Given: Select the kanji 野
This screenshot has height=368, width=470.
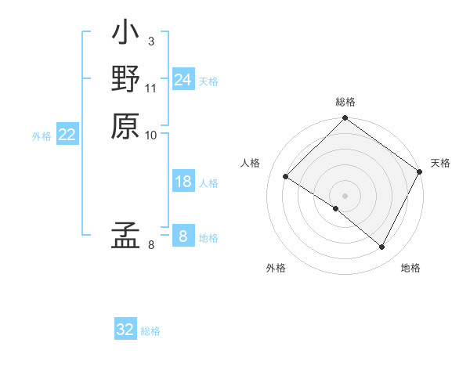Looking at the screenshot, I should (125, 80).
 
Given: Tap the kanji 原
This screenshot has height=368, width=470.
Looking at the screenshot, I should (125, 125).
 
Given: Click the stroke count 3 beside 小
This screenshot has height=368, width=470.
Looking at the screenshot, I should (150, 41).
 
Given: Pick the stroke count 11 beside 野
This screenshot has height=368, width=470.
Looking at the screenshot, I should (152, 88).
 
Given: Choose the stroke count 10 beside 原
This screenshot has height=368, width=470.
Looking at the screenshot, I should (151, 135).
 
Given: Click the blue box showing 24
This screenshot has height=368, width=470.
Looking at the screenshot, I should (183, 80).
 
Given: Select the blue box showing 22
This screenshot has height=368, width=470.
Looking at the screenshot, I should (67, 135).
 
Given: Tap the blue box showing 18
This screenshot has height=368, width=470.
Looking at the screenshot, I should (183, 182).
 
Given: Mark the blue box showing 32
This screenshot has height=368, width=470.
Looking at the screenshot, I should (125, 330).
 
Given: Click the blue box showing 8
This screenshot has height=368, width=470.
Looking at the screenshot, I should (183, 236).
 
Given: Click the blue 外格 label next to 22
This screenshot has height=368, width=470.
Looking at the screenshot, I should (42, 136).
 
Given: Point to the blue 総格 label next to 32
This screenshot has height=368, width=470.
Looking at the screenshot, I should (150, 331).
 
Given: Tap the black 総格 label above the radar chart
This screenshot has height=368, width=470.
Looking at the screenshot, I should (345, 103).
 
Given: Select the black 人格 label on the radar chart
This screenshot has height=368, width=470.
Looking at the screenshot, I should (251, 163).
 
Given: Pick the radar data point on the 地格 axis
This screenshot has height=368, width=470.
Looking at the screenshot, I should (382, 247).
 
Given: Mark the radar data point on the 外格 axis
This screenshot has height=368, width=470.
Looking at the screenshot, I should (336, 209).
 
